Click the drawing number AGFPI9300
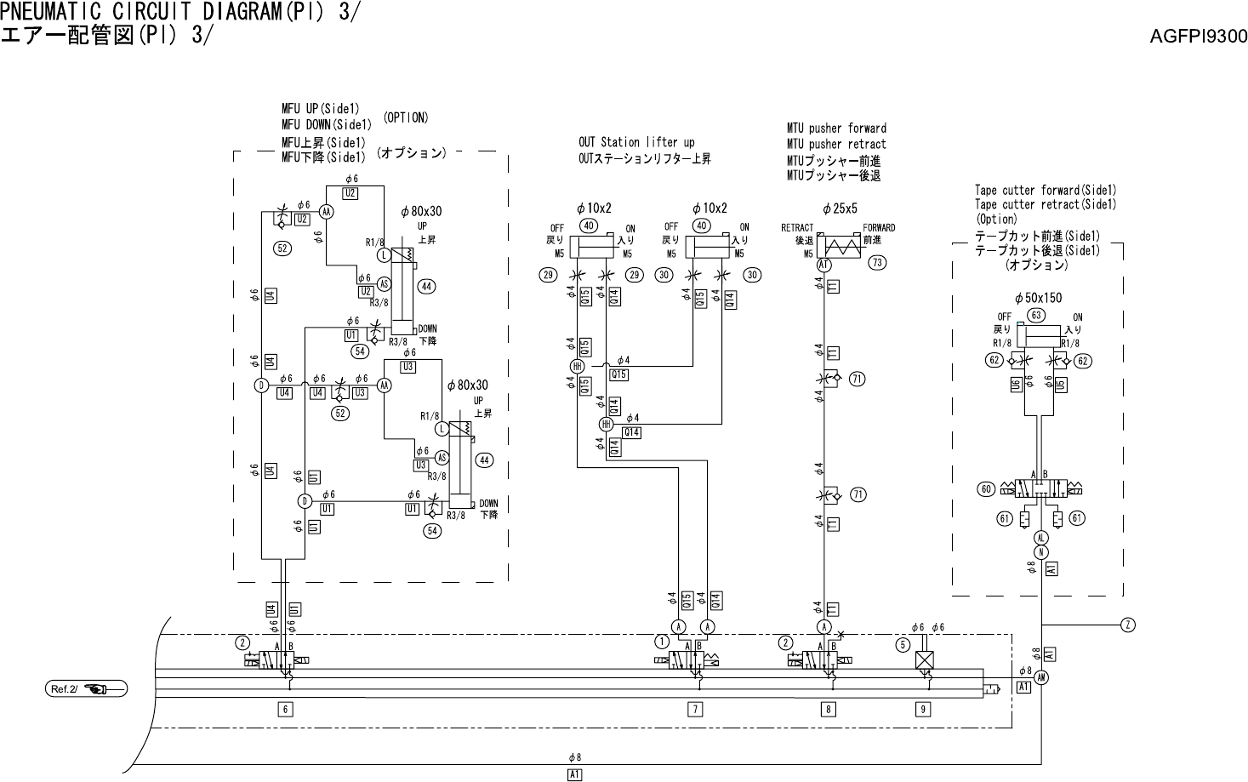[x=1198, y=37]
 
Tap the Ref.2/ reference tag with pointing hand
[x=86, y=688]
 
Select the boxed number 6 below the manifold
[x=286, y=709]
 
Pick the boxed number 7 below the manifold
[x=695, y=709]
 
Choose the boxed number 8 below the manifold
[x=828, y=709]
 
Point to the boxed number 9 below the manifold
[x=924, y=709]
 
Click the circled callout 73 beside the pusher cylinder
[x=877, y=263]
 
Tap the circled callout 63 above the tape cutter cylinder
[x=1035, y=315]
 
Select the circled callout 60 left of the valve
[x=986, y=489]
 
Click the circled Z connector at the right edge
[x=1127, y=625]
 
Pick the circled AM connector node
[x=1041, y=677]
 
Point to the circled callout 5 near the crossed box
[x=903, y=644]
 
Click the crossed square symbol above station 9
[x=924, y=660]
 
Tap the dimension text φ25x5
[x=840, y=209]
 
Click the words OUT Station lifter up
[x=636, y=143]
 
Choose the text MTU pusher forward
[x=836, y=128]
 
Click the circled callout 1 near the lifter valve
[x=661, y=641]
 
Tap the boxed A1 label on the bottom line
[x=575, y=774]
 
